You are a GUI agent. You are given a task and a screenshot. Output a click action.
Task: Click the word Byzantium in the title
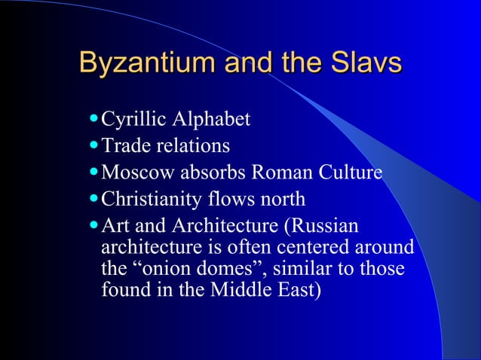[x=134, y=63]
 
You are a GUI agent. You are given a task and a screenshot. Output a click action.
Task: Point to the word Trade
[x=123, y=145]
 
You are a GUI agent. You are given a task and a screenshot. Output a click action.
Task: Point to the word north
[x=280, y=200]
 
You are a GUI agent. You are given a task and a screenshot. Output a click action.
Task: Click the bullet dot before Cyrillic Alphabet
[x=93, y=119]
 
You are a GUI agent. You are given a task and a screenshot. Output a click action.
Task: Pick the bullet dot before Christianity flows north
[x=93, y=200]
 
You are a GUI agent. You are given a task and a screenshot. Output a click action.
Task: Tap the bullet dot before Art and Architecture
[x=93, y=226]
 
